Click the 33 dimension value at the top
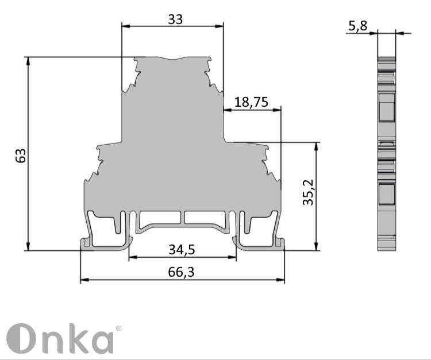pos(175,18)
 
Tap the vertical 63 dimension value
pos(21,155)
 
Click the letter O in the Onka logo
pos(21,339)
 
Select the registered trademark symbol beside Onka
pos(118,328)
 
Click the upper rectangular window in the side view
pos(386,107)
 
